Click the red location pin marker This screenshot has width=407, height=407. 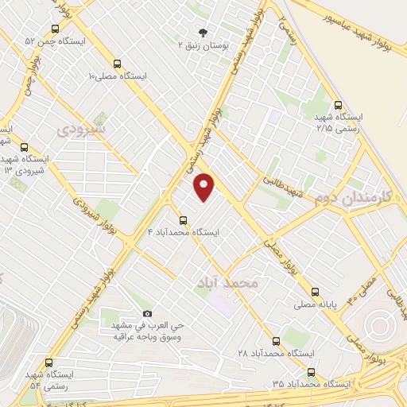pos(205,187)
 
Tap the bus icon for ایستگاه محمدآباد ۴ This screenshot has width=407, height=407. pos(183,219)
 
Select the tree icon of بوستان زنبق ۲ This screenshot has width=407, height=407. pos(203,33)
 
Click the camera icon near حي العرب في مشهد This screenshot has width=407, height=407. pos(145,314)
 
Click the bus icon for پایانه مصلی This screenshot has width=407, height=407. pos(316,292)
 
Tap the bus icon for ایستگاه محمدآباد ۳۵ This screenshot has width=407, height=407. pos(310,371)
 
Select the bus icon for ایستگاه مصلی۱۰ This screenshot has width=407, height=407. pos(118,64)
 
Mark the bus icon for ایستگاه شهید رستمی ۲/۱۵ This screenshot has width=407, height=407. pos(339,104)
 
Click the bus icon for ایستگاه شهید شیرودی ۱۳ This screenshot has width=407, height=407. pos(24,147)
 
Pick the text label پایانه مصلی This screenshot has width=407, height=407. pos(340,304)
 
